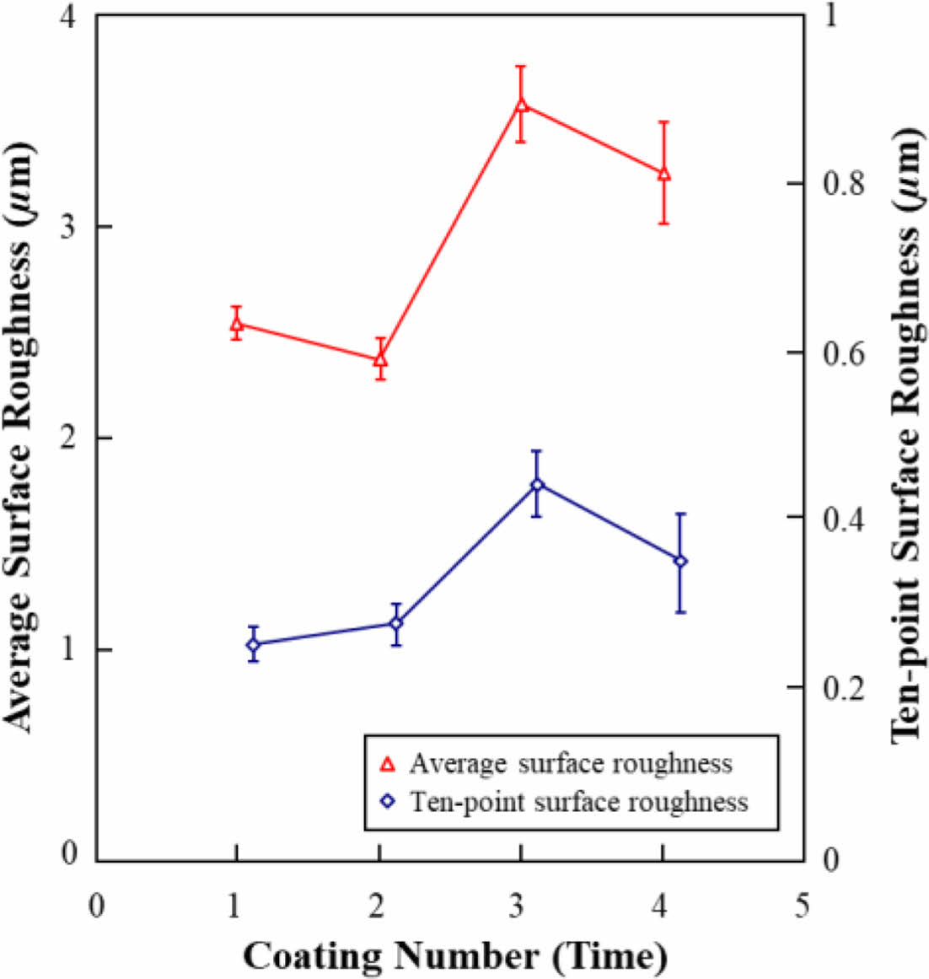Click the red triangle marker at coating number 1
(x=237, y=324)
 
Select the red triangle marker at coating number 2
(x=380, y=359)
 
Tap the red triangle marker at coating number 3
(x=522, y=105)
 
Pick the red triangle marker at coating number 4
(x=664, y=174)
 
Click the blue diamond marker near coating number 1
(x=253, y=645)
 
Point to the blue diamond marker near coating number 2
(x=396, y=623)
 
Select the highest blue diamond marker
(x=537, y=484)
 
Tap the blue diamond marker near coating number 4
(x=680, y=561)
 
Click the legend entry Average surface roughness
(x=571, y=764)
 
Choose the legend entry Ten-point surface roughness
(x=579, y=800)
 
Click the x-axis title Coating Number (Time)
(x=455, y=956)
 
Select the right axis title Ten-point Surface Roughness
(x=907, y=437)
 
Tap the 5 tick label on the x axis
(x=802, y=906)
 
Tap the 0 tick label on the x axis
(x=97, y=906)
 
